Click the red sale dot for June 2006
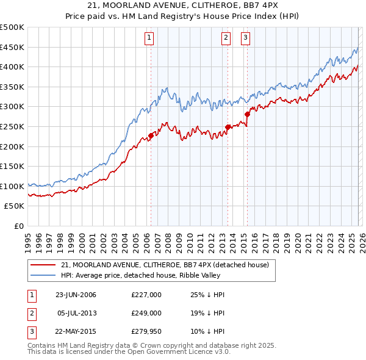(x=151, y=136)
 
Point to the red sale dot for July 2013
(x=228, y=127)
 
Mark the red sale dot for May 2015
(x=248, y=114)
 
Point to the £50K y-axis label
(x=15, y=206)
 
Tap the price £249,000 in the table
(x=146, y=313)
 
